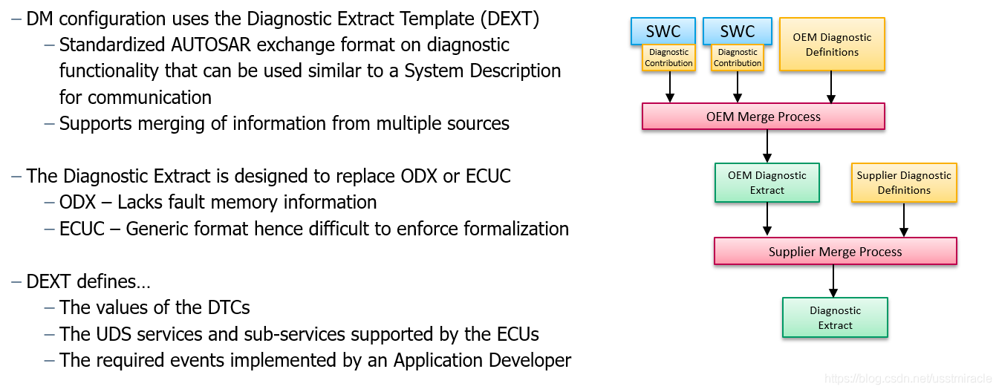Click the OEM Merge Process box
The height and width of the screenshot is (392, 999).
coord(763,117)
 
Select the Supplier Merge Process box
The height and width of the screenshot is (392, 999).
coord(835,252)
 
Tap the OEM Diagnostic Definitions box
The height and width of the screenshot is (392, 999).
coord(832,45)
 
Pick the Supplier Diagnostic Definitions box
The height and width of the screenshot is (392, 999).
coord(903,183)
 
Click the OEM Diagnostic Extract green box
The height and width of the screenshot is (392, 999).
coord(767,183)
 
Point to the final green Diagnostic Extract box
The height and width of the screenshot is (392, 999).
coord(835,318)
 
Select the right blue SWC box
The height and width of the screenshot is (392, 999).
coord(737,30)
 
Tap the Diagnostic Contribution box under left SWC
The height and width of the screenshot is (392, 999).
coord(668,58)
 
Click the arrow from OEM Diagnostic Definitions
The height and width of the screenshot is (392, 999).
coord(831,87)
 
